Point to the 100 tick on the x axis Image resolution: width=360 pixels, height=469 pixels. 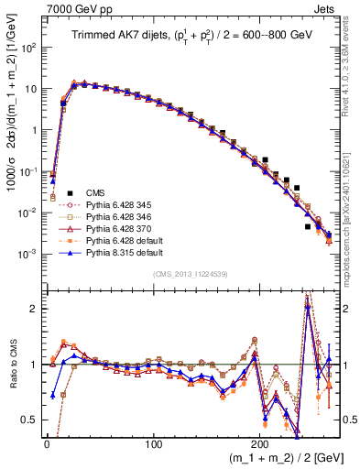153,441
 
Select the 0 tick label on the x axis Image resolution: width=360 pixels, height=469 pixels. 47,441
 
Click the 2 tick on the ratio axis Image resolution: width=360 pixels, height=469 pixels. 34,309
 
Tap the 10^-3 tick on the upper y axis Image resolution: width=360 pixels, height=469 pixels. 27,254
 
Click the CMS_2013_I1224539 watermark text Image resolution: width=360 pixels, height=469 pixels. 191,275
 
